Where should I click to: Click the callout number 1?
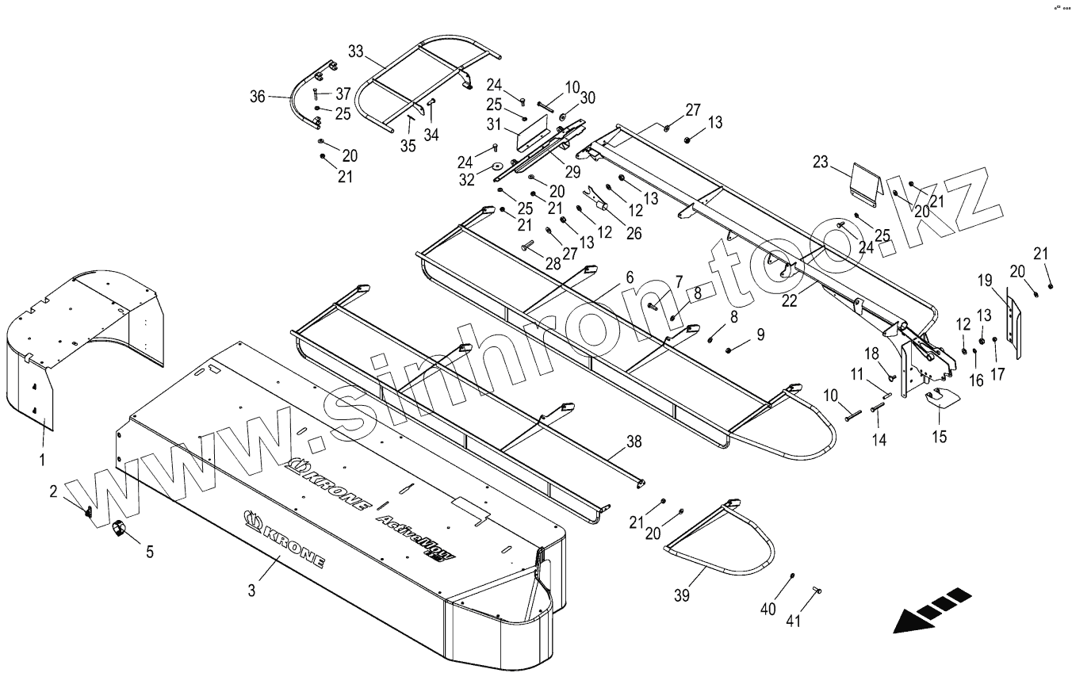43,458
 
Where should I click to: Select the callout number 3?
251,590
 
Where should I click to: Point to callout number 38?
634,442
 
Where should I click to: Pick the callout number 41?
794,621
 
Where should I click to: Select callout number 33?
356,52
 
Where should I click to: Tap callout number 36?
257,97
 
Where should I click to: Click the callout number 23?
820,163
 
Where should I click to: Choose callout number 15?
940,436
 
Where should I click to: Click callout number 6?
629,277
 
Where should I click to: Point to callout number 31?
492,124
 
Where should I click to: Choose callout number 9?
760,335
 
